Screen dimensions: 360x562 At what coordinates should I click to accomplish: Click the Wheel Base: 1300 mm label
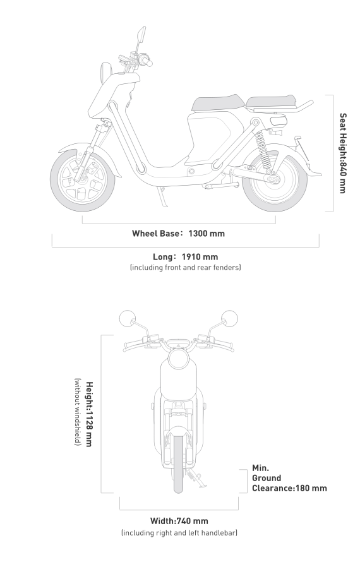pos(178,234)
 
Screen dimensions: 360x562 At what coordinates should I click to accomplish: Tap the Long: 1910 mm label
pos(186,257)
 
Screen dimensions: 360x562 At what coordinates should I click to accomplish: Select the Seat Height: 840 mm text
pos(343,153)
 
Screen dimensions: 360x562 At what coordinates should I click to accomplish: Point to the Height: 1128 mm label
pos(89,414)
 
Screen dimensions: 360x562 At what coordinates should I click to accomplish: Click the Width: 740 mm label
pos(179,521)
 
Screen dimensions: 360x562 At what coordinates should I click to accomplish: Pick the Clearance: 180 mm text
pos(289,488)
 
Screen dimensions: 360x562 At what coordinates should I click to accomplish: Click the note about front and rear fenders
pos(186,267)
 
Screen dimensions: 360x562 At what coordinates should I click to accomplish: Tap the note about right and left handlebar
pos(179,533)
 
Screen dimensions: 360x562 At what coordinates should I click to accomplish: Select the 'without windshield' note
pos(78,412)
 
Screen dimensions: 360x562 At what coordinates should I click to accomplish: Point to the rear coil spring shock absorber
pos(263,149)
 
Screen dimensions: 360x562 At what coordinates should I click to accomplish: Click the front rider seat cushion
pos(218,103)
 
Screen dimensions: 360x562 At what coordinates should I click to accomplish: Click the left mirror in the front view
pos(128,319)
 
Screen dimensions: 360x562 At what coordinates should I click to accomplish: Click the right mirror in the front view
pos(229,319)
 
